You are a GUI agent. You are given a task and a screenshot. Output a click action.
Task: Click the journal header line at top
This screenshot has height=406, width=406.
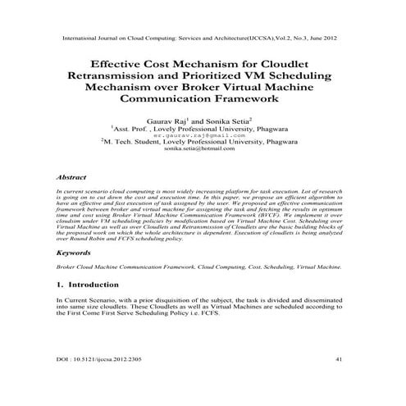point(201,38)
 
